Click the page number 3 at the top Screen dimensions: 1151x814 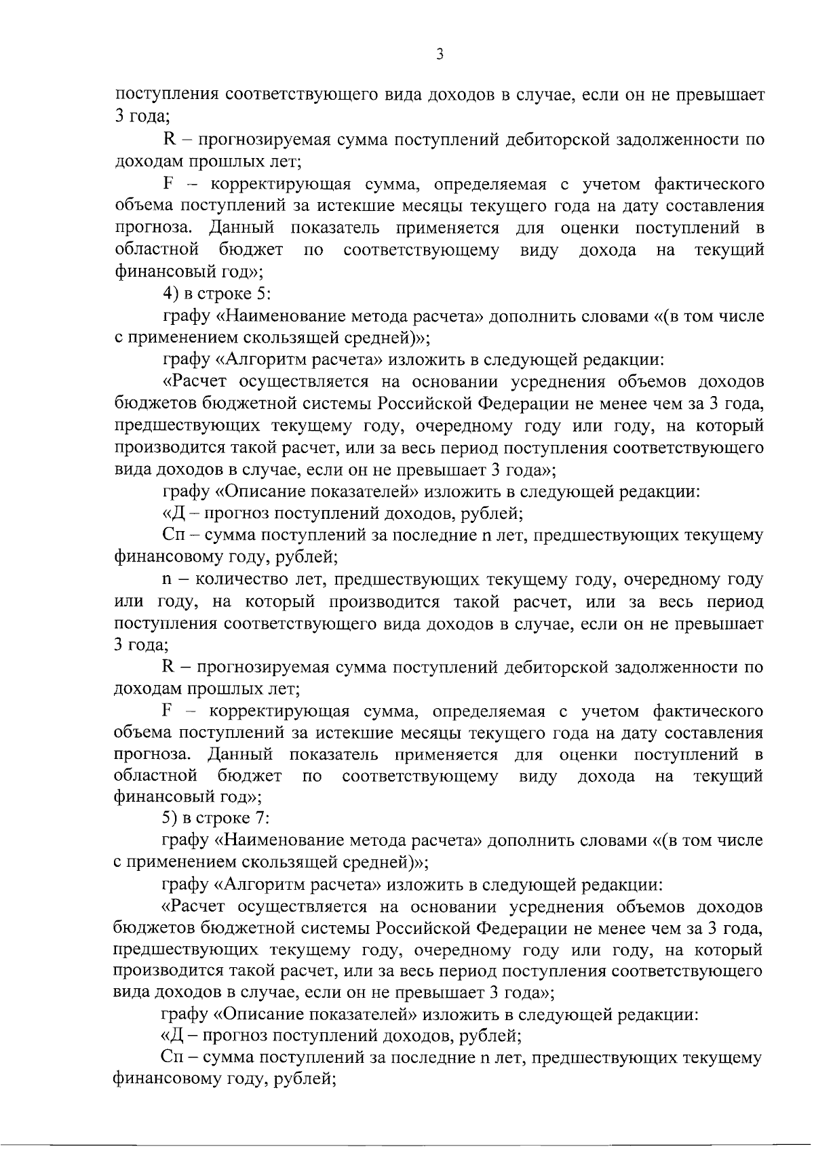click(x=440, y=55)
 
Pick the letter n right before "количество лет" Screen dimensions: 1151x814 click(x=167, y=581)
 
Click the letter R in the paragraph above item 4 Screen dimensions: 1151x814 click(x=170, y=140)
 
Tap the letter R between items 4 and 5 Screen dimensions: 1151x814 click(x=169, y=667)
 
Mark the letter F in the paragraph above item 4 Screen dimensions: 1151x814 click(x=169, y=184)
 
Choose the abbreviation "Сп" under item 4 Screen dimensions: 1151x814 click(x=172, y=536)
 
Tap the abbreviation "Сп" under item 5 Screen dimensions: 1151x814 click(x=171, y=1059)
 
